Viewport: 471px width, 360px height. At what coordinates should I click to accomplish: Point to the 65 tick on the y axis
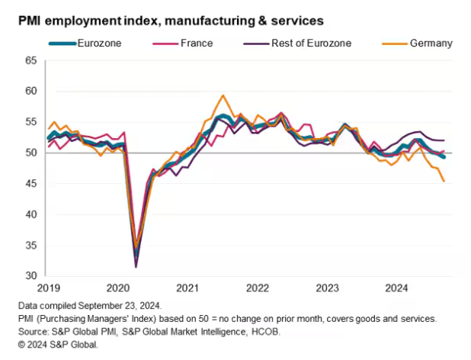[31, 60]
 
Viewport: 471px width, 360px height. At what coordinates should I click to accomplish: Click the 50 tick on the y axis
[31, 153]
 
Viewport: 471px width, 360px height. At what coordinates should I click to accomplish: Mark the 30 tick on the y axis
[31, 275]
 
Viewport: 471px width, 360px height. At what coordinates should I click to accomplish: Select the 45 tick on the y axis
[31, 183]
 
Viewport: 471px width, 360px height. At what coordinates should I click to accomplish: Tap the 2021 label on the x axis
[187, 288]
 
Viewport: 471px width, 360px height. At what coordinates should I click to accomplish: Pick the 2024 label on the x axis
[396, 288]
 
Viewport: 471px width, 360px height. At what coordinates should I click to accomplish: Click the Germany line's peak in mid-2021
[223, 96]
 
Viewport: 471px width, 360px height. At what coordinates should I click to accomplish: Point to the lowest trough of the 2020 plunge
[136, 266]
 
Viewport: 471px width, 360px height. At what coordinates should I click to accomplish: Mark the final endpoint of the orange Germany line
[444, 181]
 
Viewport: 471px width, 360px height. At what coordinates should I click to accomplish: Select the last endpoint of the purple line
[444, 140]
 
